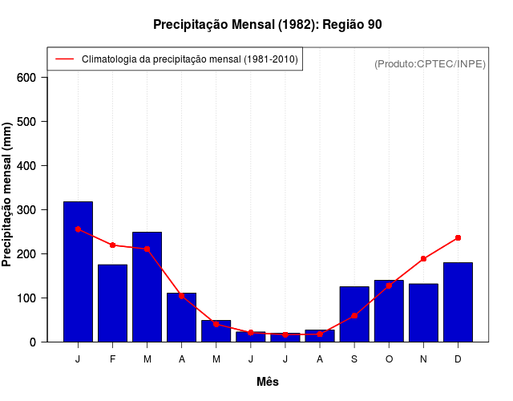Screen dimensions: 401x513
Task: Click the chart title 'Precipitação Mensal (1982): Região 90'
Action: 267,25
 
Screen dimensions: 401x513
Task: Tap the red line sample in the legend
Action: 64,59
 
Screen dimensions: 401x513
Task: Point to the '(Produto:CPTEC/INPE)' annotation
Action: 430,63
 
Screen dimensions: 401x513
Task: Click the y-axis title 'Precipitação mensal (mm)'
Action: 8,195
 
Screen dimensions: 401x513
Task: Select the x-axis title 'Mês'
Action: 268,382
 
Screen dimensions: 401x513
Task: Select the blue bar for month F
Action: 112,303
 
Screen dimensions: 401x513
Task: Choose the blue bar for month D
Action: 458,302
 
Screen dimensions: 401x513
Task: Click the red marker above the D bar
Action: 458,237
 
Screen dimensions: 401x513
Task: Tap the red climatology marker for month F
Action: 112,245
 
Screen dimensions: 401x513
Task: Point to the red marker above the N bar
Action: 423,258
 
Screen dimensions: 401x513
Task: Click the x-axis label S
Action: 354,359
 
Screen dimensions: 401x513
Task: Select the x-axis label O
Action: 389,359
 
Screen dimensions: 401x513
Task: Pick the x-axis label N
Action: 423,359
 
